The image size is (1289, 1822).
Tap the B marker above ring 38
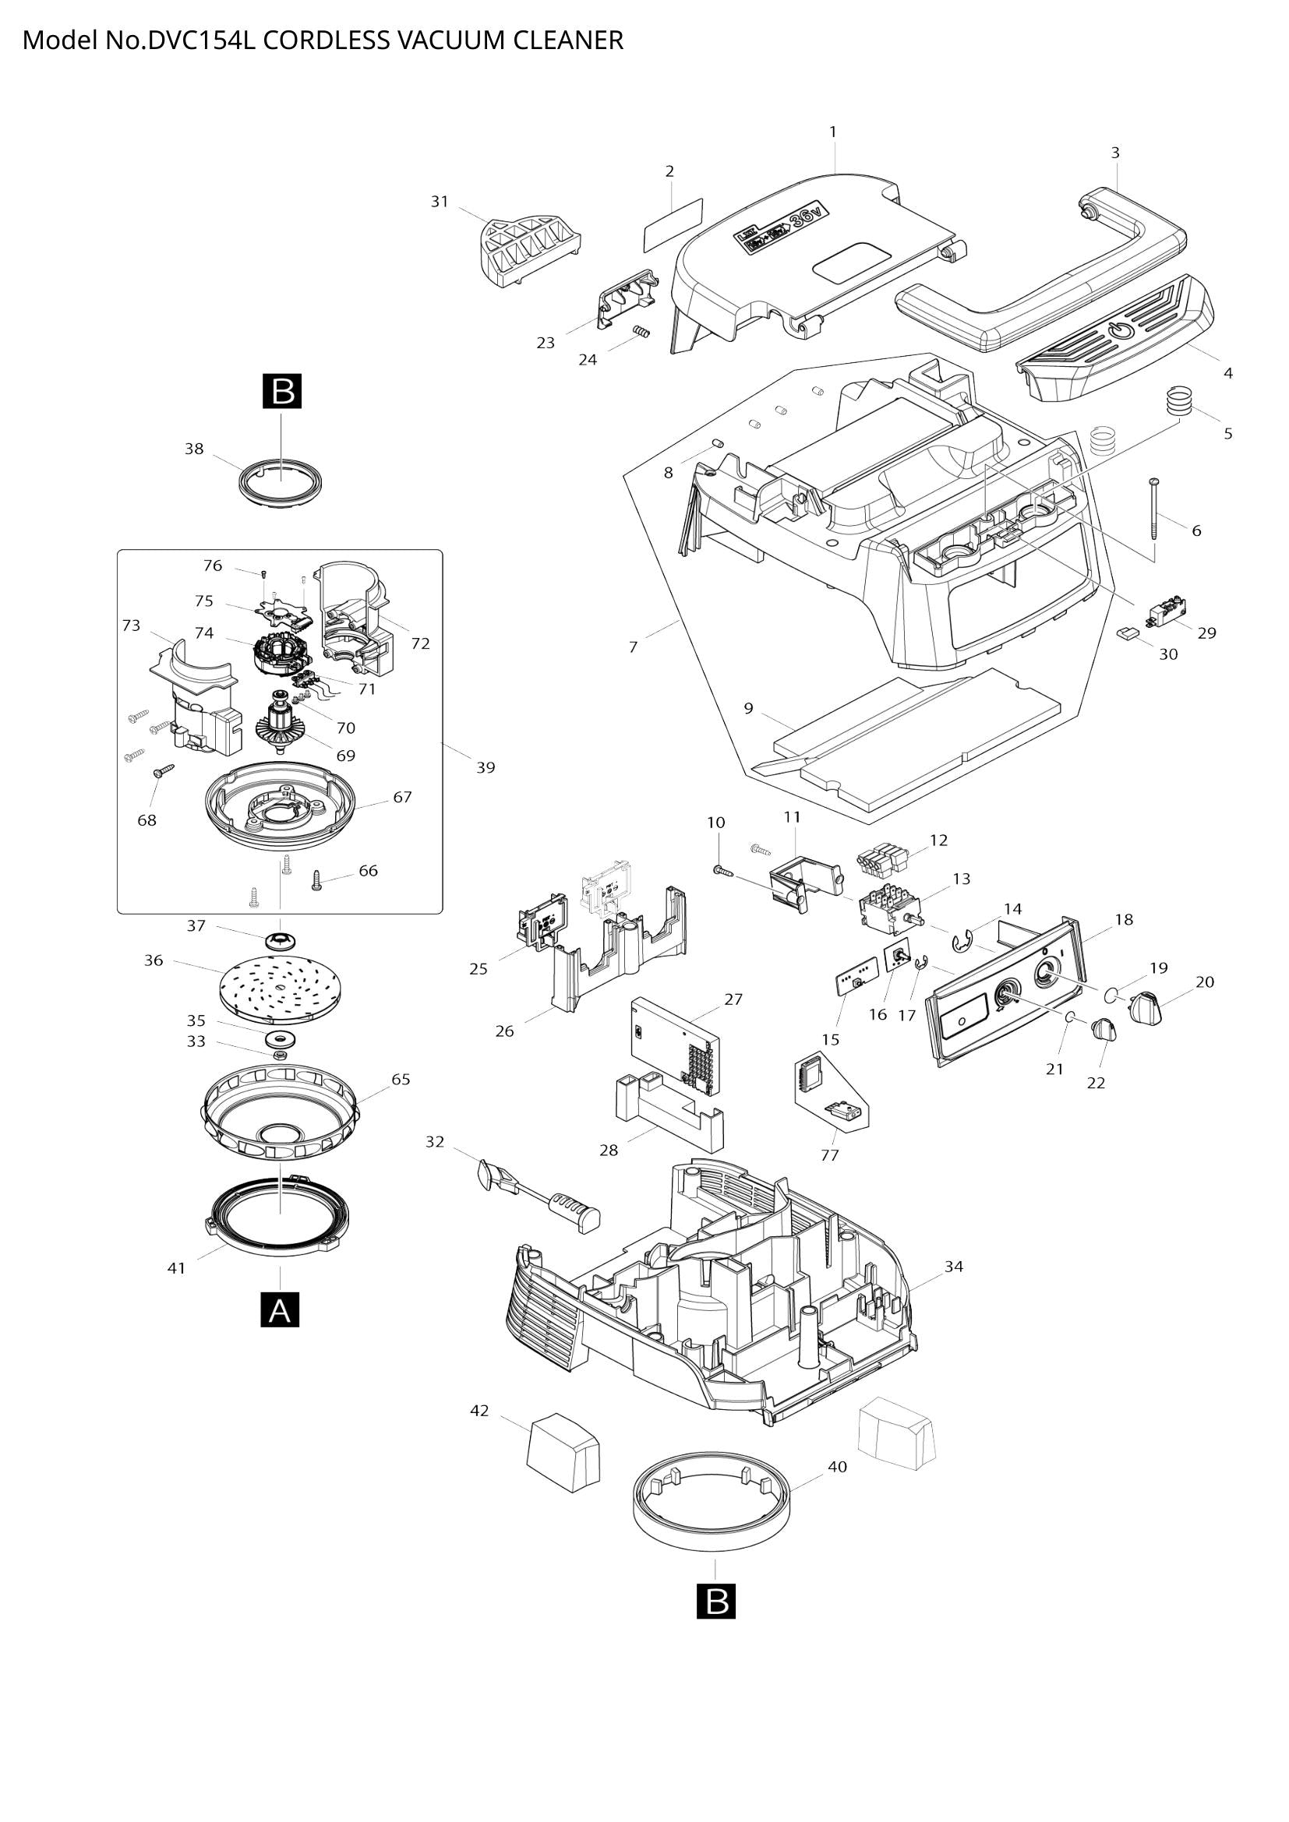coord(283,392)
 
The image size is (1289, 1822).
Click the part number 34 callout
coord(953,1267)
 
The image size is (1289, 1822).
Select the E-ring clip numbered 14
coord(962,942)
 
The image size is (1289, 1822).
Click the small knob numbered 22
coord(1104,1031)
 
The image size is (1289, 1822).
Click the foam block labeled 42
coord(563,1453)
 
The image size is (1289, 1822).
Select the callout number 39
coord(485,767)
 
